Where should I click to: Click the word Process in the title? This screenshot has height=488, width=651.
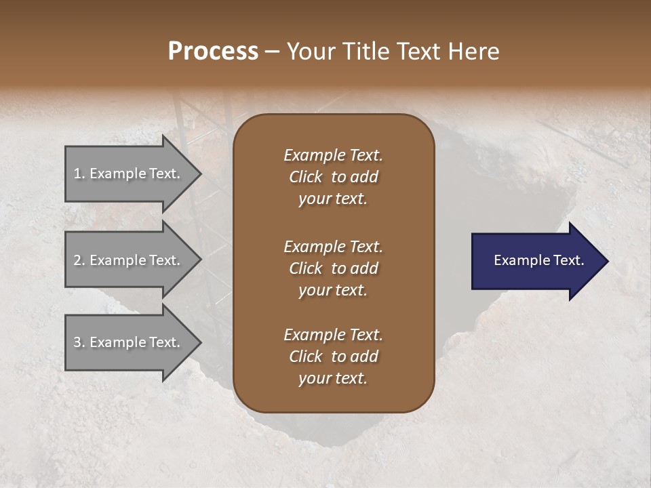pos(213,52)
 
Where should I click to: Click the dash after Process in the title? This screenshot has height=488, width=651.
pos(273,52)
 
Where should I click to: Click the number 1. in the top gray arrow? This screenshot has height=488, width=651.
pos(79,174)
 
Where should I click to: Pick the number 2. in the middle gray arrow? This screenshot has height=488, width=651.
pos(79,260)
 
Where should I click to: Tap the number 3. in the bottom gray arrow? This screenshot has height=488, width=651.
pos(79,342)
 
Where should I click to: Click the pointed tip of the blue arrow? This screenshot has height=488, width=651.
pos(607,261)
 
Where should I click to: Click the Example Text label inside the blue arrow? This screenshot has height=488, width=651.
pos(538,260)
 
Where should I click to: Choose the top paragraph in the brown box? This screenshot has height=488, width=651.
pos(333,177)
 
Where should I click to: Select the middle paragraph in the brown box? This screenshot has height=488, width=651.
pos(333,268)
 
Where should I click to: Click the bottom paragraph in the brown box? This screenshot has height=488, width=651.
pos(333,357)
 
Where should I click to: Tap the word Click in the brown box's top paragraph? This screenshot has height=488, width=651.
pos(305,177)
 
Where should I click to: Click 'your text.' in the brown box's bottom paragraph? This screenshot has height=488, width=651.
pos(333,379)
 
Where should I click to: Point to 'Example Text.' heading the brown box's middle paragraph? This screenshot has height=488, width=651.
pos(333,247)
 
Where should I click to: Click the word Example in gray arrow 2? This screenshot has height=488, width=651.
pos(113,260)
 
